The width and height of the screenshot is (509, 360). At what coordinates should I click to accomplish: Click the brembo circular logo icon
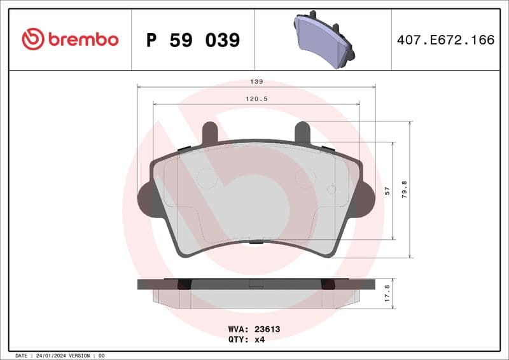(33, 39)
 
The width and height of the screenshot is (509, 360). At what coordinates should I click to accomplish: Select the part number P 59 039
(193, 40)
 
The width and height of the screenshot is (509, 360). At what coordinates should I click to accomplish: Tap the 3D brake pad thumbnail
(324, 39)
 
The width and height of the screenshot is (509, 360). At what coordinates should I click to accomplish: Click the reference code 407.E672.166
(445, 40)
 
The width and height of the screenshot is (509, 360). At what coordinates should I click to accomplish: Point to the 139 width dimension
(256, 82)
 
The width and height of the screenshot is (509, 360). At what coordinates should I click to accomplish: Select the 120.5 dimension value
(256, 99)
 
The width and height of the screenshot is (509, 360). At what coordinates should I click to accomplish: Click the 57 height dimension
(387, 191)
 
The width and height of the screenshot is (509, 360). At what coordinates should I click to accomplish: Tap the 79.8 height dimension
(405, 190)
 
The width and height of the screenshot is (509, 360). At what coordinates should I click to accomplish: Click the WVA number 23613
(268, 329)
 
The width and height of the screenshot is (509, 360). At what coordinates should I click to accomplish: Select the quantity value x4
(259, 340)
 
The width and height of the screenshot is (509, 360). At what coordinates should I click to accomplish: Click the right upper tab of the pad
(303, 132)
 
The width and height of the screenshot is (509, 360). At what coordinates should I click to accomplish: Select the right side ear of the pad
(368, 198)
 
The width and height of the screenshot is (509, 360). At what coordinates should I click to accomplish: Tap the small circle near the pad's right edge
(331, 189)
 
